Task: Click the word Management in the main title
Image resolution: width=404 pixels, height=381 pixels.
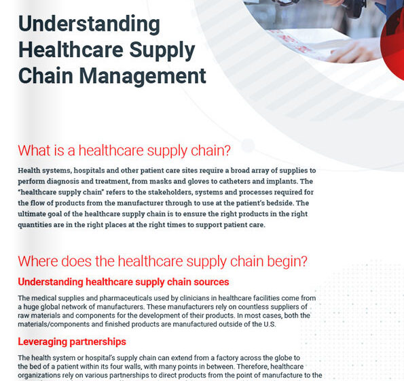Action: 147,75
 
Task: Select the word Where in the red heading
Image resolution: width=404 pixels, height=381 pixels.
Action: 41,261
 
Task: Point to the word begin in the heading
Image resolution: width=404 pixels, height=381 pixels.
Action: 281,261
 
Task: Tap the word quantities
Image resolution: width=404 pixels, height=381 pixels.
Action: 42,225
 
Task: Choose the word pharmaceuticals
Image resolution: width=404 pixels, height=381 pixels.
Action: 127,298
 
